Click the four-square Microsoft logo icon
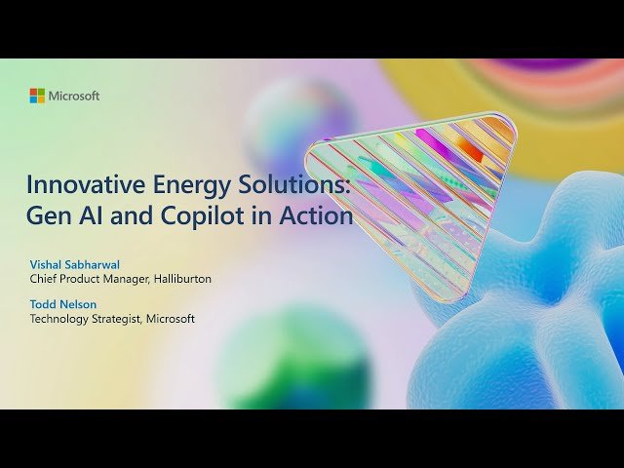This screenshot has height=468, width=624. coord(37,96)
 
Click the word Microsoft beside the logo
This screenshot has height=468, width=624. coord(74,96)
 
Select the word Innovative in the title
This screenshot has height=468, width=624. coord(78,183)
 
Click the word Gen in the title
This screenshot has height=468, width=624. coord(48,216)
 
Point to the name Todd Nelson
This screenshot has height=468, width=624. coord(62,304)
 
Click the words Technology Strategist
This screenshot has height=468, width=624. coord(86,319)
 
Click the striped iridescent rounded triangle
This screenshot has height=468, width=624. coord(409,195)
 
